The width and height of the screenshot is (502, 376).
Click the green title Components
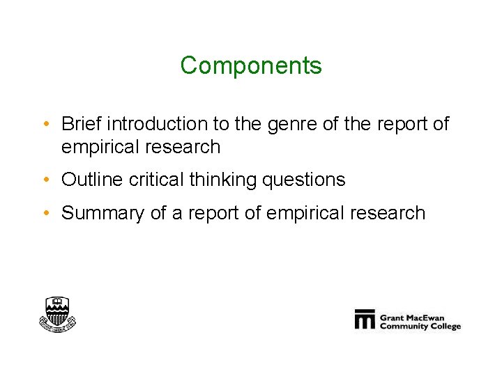[251, 65]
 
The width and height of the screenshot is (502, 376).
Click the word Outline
[92, 180]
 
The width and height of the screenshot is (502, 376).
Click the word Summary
[103, 213]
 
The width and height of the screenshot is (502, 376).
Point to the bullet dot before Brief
[45, 125]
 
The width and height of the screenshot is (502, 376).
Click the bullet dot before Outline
[45, 180]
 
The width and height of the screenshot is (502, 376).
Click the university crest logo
[56, 314]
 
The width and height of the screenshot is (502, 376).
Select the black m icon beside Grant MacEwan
[365, 319]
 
